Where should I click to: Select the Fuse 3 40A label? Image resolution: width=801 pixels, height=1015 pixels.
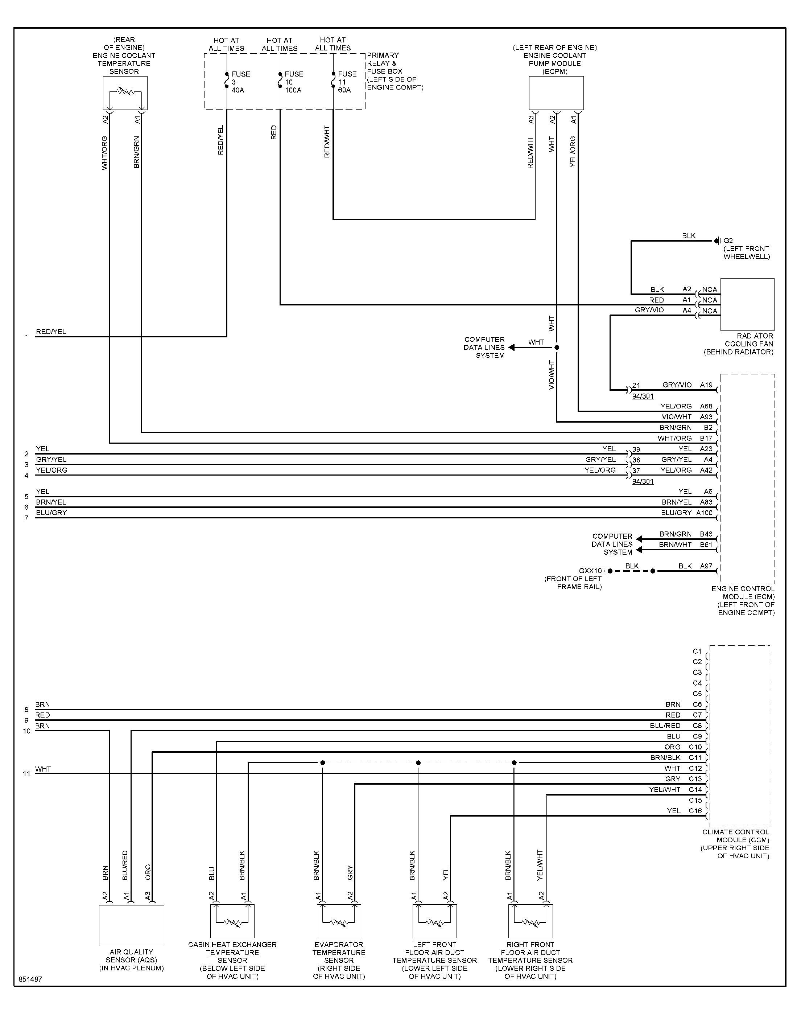[x=240, y=82]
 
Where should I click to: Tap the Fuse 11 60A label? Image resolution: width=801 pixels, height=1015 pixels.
[x=347, y=82]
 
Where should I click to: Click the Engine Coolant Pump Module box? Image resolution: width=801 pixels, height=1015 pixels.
[x=556, y=93]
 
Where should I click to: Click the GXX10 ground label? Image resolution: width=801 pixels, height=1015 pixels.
[x=590, y=571]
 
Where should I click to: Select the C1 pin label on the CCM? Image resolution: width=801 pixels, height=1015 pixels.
[x=697, y=651]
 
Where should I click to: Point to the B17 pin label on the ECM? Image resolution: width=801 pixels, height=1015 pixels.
[x=706, y=438]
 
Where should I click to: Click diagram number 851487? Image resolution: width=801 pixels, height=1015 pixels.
[x=30, y=980]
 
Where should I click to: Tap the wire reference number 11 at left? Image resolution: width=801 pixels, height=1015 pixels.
[x=27, y=773]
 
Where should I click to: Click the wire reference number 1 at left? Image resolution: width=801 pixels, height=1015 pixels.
[x=27, y=337]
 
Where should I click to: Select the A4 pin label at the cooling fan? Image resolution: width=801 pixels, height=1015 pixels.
[x=687, y=310]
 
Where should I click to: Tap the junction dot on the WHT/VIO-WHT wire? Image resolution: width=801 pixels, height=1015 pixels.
[x=557, y=348]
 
